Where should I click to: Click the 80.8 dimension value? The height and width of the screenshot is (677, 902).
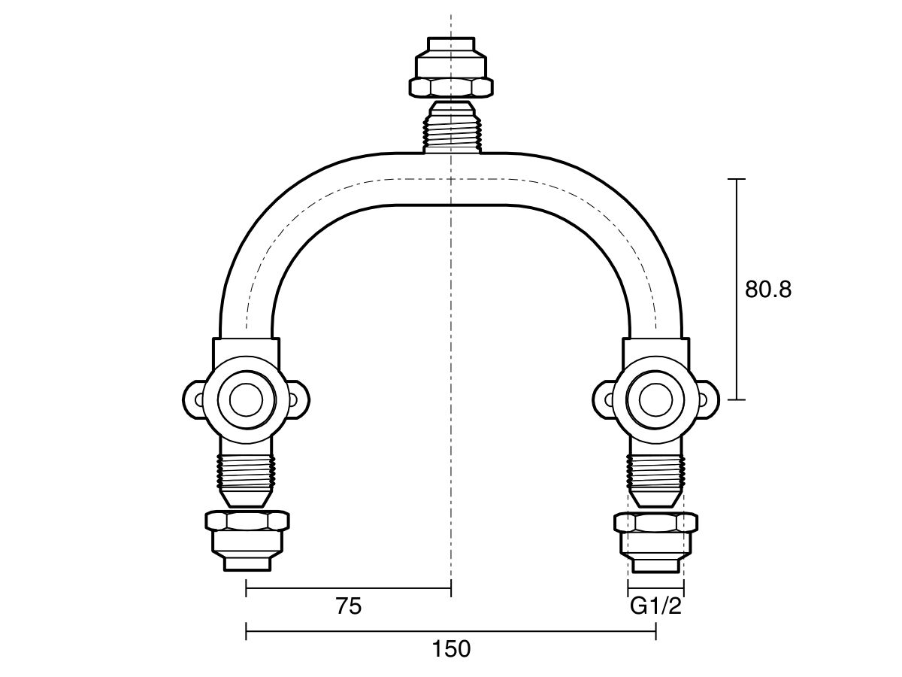(x=767, y=290)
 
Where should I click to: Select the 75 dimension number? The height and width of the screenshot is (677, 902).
(x=349, y=606)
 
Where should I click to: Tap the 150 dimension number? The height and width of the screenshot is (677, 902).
(x=452, y=649)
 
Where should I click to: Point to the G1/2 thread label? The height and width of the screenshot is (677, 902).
(x=655, y=606)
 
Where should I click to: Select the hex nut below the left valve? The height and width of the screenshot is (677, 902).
(x=247, y=521)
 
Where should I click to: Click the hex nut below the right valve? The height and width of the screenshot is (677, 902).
(x=655, y=521)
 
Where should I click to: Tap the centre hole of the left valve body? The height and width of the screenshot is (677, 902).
(x=246, y=399)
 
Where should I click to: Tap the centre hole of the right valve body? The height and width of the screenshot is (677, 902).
(x=655, y=399)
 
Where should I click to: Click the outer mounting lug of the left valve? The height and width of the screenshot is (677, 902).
(x=194, y=399)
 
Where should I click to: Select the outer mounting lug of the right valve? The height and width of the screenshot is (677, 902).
(x=707, y=399)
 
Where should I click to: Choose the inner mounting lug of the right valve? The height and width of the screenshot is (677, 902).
(x=604, y=399)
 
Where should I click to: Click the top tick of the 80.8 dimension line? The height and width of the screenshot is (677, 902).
(x=737, y=179)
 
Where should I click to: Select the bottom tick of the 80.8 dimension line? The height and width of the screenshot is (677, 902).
(x=737, y=399)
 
